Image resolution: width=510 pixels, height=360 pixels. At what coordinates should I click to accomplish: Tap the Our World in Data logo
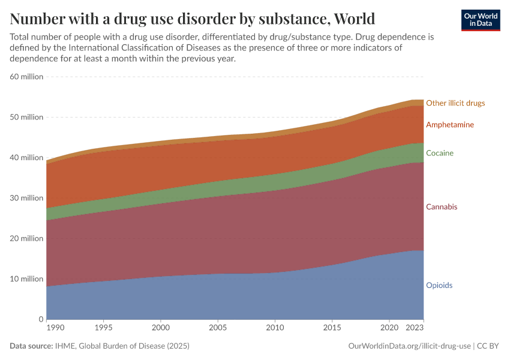pyautogui.click(x=480, y=20)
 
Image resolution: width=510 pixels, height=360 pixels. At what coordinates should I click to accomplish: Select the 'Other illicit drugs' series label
pyautogui.click(x=455, y=103)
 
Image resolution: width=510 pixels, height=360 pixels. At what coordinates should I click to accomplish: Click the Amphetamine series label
pyautogui.click(x=450, y=125)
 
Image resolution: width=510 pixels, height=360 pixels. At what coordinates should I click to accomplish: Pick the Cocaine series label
pyautogui.click(x=440, y=153)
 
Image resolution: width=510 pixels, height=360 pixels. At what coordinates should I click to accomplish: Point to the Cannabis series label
pyautogui.click(x=442, y=207)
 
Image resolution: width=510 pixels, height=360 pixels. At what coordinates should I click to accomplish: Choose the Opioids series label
pyautogui.click(x=439, y=286)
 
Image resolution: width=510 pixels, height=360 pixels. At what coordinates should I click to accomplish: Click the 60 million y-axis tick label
pyautogui.click(x=26, y=77)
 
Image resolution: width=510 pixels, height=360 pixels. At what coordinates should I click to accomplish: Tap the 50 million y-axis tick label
pyautogui.click(x=26, y=117)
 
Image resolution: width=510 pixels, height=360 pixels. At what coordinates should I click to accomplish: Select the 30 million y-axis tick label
pyautogui.click(x=26, y=198)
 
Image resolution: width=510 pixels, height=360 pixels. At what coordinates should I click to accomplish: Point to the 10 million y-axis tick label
pyautogui.click(x=26, y=279)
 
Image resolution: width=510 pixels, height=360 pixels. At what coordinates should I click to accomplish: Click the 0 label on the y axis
pyautogui.click(x=40, y=319)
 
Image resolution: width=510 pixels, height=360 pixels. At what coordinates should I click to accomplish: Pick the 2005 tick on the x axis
pyautogui.click(x=217, y=328)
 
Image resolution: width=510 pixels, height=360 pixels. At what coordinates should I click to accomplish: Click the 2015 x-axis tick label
pyautogui.click(x=332, y=328)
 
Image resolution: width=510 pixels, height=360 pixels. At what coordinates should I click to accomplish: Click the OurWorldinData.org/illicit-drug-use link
pyautogui.click(x=409, y=346)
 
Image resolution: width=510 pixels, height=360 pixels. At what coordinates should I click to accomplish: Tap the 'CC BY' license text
pyautogui.click(x=488, y=346)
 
